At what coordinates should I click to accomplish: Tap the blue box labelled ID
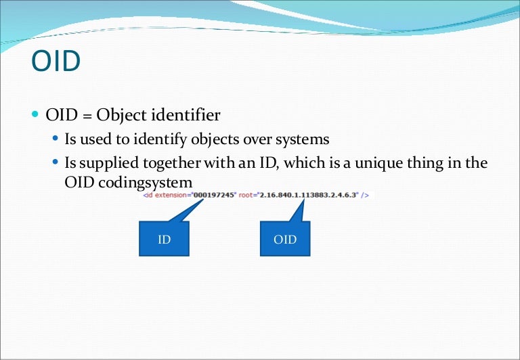point(164,238)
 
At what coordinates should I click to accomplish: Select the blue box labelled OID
point(285,238)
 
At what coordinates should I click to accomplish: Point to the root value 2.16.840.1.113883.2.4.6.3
point(308,195)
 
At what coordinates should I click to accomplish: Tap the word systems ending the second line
point(303,140)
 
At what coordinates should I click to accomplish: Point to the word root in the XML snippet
point(247,195)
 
